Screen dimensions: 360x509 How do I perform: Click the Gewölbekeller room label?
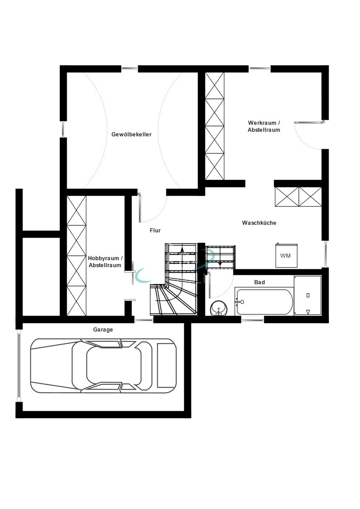tap(131, 134)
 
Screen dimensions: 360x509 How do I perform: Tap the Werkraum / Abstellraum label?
tap(264, 126)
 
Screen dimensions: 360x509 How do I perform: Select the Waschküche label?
tap(259, 223)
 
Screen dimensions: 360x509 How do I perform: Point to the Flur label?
tap(155, 230)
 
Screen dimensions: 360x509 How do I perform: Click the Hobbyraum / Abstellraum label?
tap(105, 262)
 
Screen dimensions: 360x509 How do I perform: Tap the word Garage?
tap(103, 330)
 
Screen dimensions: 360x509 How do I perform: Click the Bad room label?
tap(259, 282)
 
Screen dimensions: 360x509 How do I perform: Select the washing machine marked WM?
tap(286, 256)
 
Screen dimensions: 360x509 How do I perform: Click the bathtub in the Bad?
tap(264, 302)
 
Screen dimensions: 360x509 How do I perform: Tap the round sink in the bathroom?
tap(219, 308)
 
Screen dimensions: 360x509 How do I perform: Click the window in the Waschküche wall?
tap(325, 254)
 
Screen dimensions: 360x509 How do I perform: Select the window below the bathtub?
tap(253, 320)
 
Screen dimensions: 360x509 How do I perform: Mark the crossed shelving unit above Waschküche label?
tap(298, 197)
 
